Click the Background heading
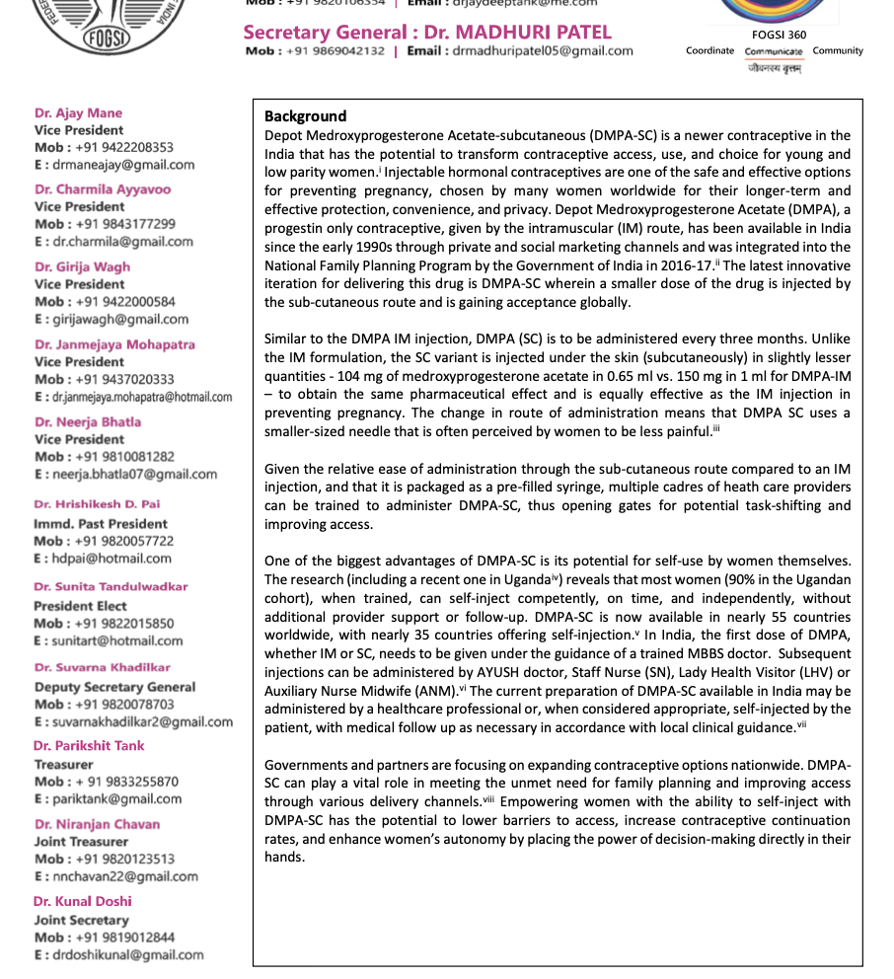pos(305,116)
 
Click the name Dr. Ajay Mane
pos(79,113)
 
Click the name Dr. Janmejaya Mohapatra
pos(114,344)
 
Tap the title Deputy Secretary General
pos(114,687)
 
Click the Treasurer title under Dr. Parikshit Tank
pos(64,764)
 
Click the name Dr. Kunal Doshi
pos(82,901)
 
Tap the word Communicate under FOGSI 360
pos(774,51)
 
